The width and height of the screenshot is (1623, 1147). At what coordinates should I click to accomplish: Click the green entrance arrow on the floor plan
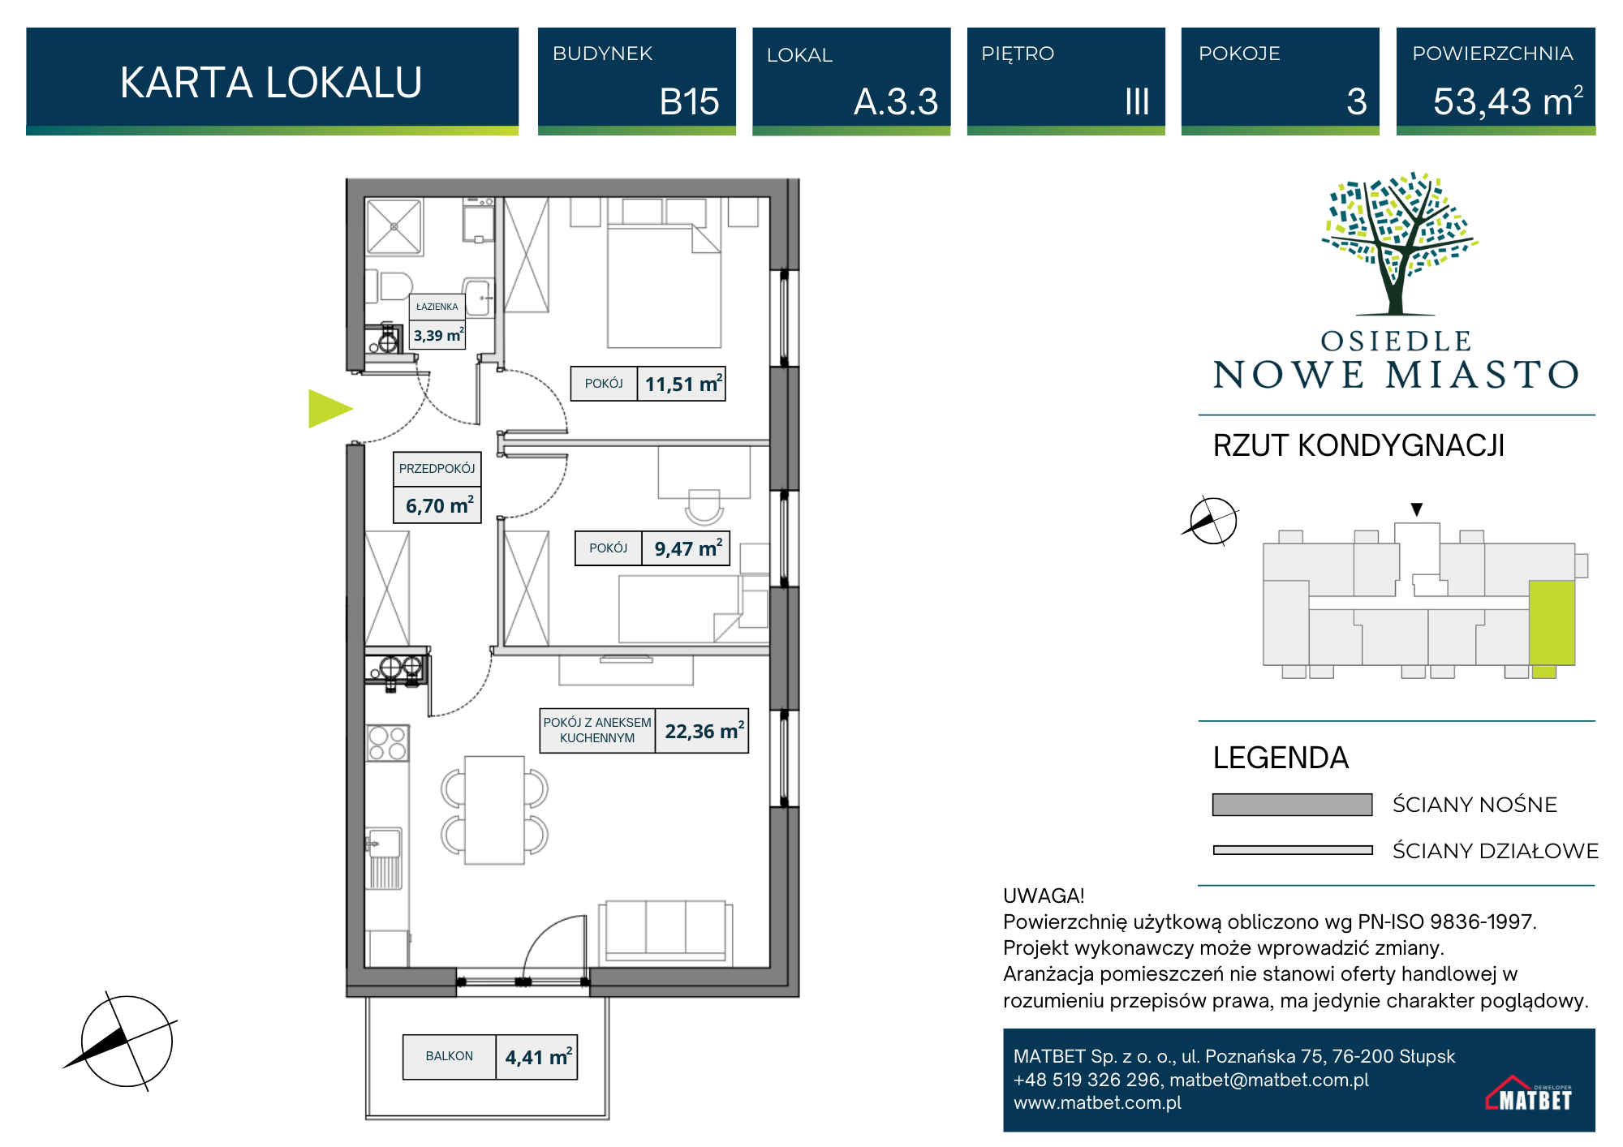tap(329, 409)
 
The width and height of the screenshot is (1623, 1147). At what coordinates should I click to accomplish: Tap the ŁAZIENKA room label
tap(437, 307)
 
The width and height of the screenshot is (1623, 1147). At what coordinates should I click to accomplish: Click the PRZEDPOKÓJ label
tap(437, 469)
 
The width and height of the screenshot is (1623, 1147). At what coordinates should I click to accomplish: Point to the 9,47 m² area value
tap(688, 548)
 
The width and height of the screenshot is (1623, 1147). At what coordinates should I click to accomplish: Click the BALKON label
tap(450, 1056)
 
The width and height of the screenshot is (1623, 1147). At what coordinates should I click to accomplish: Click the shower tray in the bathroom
tap(394, 226)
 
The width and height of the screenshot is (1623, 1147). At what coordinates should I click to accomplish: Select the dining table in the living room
tap(494, 810)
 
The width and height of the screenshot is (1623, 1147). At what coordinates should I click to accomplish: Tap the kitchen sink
tap(385, 843)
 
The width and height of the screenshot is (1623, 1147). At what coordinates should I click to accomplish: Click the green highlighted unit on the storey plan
tap(1552, 623)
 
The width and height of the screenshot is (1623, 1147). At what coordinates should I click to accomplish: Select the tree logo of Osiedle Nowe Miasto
tap(1397, 243)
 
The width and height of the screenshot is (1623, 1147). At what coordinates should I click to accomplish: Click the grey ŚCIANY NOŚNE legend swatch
tap(1292, 805)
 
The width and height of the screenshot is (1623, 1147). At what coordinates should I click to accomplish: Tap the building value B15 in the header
tap(689, 102)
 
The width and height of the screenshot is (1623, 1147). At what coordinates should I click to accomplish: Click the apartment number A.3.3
tap(896, 102)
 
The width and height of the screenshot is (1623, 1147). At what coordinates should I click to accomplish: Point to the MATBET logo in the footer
tap(1529, 1093)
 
